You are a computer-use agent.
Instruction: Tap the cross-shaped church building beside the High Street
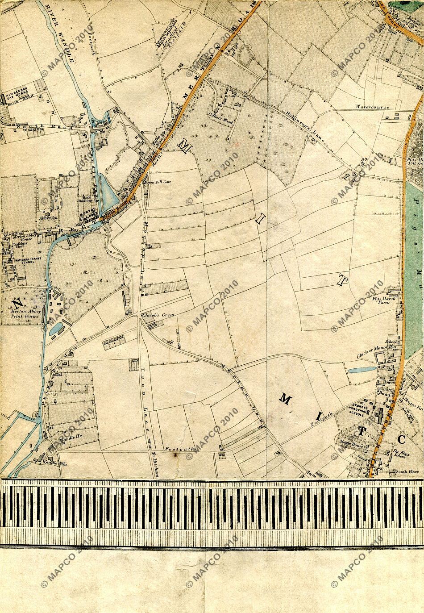[x=379, y=417]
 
